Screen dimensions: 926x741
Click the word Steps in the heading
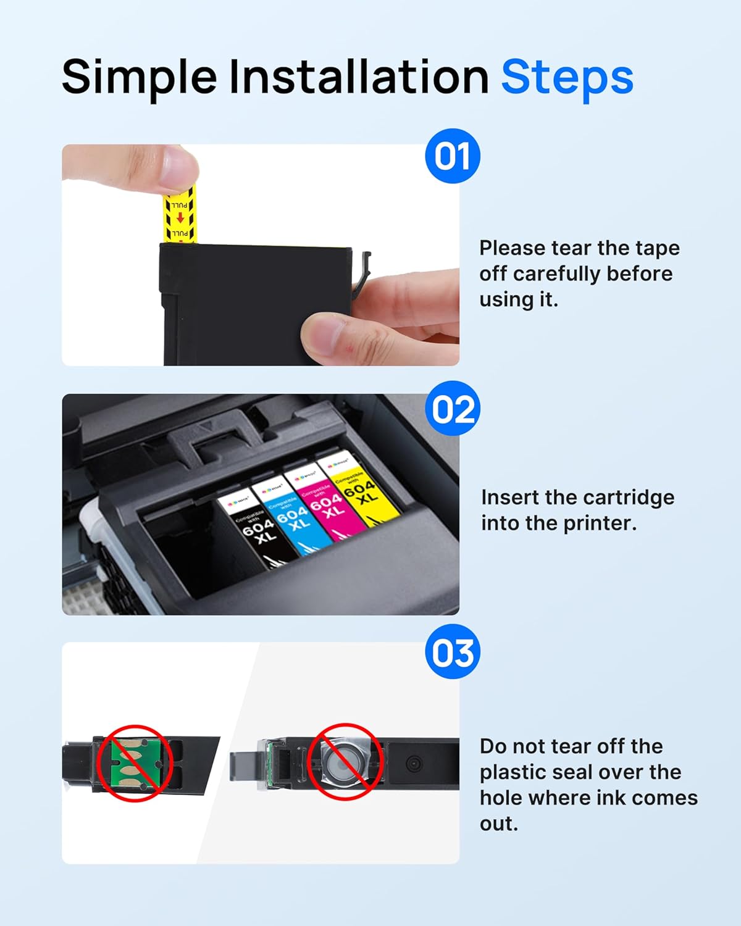pyautogui.click(x=567, y=78)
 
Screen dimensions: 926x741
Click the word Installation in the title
pyautogui.click(x=359, y=78)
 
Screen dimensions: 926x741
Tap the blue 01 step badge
pyautogui.click(x=453, y=156)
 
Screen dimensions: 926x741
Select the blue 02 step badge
pyautogui.click(x=453, y=409)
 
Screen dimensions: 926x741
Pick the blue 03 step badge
pyautogui.click(x=453, y=652)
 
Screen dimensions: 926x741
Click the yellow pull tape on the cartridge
pyautogui.click(x=179, y=216)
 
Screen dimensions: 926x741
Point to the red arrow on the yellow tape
pyautogui.click(x=180, y=218)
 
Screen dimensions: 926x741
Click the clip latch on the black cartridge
pyautogui.click(x=362, y=272)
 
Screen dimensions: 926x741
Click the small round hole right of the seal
pyautogui.click(x=414, y=764)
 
